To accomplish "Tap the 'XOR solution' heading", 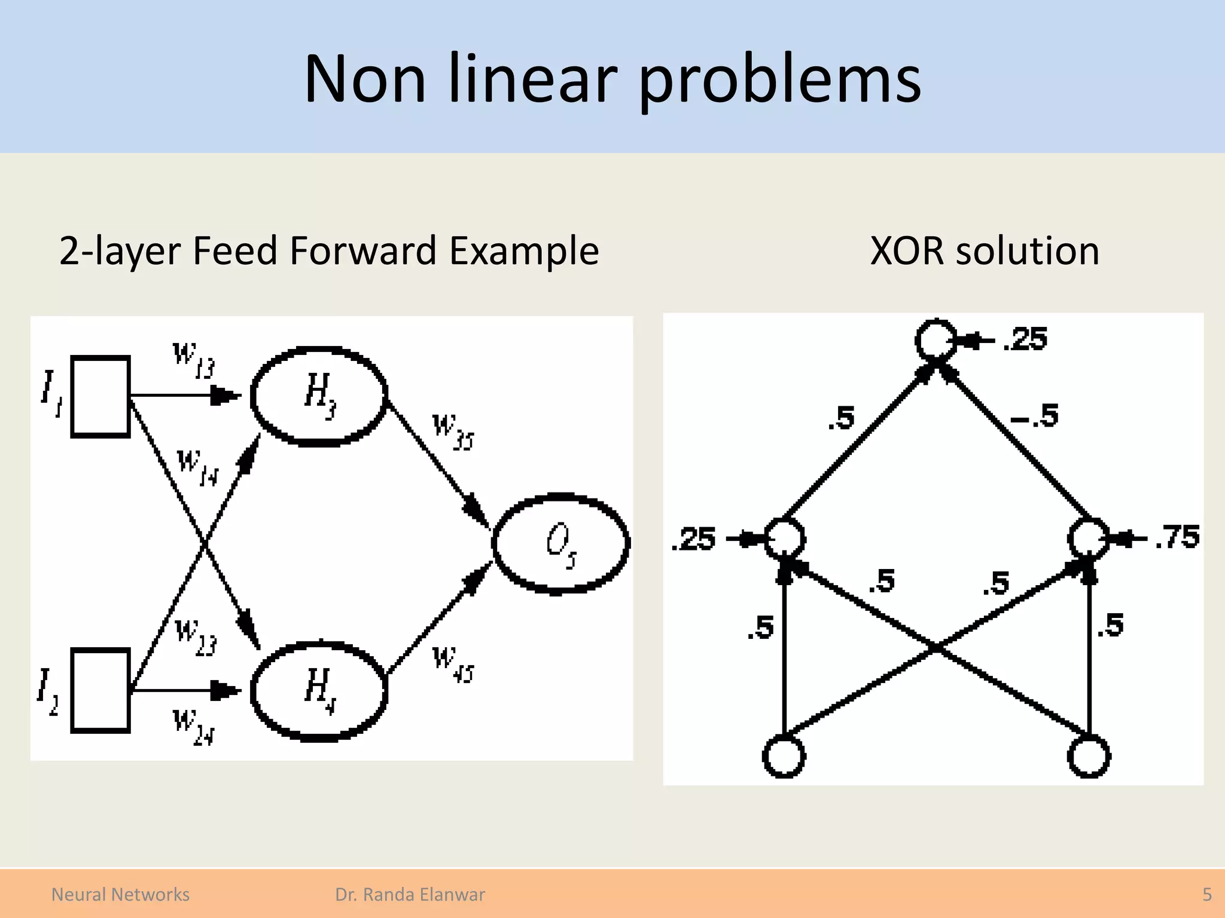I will click(984, 251).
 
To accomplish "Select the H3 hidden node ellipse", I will click(319, 395).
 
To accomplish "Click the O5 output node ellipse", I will click(560, 543).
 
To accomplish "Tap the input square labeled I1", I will click(100, 396).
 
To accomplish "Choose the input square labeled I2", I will click(100, 690).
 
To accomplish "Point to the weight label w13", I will click(193, 359).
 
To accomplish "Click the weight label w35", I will click(452, 432).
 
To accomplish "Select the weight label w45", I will click(452, 665).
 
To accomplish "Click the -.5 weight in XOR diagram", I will click(1035, 415).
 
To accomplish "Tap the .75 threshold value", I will click(1177, 537).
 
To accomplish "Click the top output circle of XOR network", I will click(935, 341).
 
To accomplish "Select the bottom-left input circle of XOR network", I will click(784, 757).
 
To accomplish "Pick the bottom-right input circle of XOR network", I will click(1089, 757).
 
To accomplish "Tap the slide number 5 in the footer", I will click(1206, 895).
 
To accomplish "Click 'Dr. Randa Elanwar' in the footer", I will click(410, 895).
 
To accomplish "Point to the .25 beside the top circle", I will click(1025, 339).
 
